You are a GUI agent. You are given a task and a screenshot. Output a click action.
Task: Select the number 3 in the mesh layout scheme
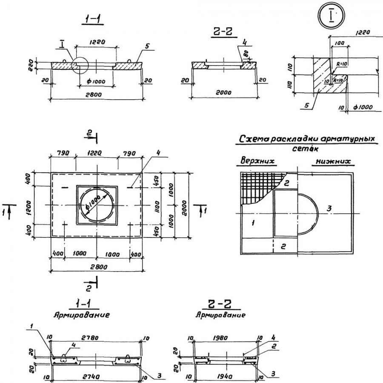[x=329, y=208]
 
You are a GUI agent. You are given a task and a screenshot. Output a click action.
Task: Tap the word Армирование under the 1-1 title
[x=82, y=315]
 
